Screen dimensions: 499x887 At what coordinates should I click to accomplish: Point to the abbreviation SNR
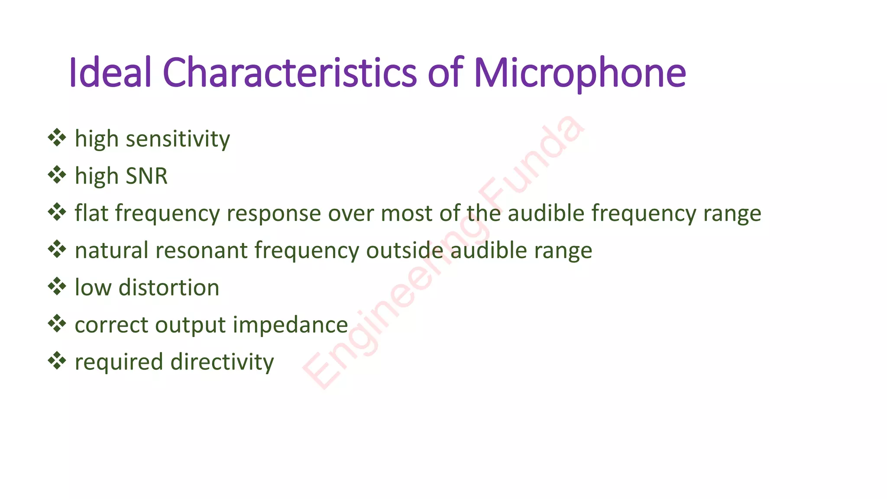pos(146,176)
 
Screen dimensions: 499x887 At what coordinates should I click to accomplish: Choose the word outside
pos(405,250)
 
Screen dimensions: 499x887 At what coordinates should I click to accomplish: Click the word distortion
pos(169,288)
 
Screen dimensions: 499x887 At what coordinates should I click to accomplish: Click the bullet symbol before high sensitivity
pos(57,138)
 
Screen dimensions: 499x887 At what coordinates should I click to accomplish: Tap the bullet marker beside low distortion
pos(57,287)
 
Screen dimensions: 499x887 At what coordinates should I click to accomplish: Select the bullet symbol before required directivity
pos(57,361)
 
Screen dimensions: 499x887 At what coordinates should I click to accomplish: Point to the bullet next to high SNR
pos(57,175)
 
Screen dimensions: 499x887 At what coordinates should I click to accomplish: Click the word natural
pos(112,250)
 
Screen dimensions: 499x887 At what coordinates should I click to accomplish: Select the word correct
pos(112,325)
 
